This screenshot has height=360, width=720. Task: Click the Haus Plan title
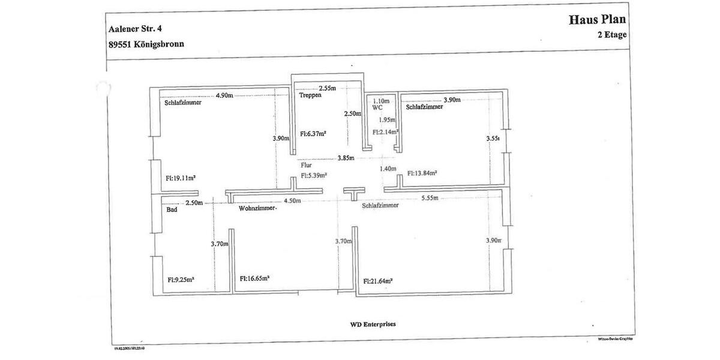[x=597, y=20]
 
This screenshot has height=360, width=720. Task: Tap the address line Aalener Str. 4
[x=135, y=28]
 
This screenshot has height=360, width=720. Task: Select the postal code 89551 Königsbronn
[x=146, y=44]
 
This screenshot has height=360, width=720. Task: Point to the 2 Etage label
[x=612, y=35]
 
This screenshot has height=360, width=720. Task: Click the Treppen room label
[x=310, y=95]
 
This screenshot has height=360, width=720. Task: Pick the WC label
[x=377, y=109]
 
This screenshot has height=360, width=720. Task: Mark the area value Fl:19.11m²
[x=181, y=178]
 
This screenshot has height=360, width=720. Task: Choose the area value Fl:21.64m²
[x=378, y=281]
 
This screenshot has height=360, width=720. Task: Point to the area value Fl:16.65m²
[x=254, y=278]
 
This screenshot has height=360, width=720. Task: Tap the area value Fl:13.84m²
[x=422, y=173]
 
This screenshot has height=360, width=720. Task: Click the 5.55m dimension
[x=430, y=198]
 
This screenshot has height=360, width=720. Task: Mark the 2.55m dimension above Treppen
[x=327, y=88]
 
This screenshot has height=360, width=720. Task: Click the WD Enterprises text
[x=373, y=324]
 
